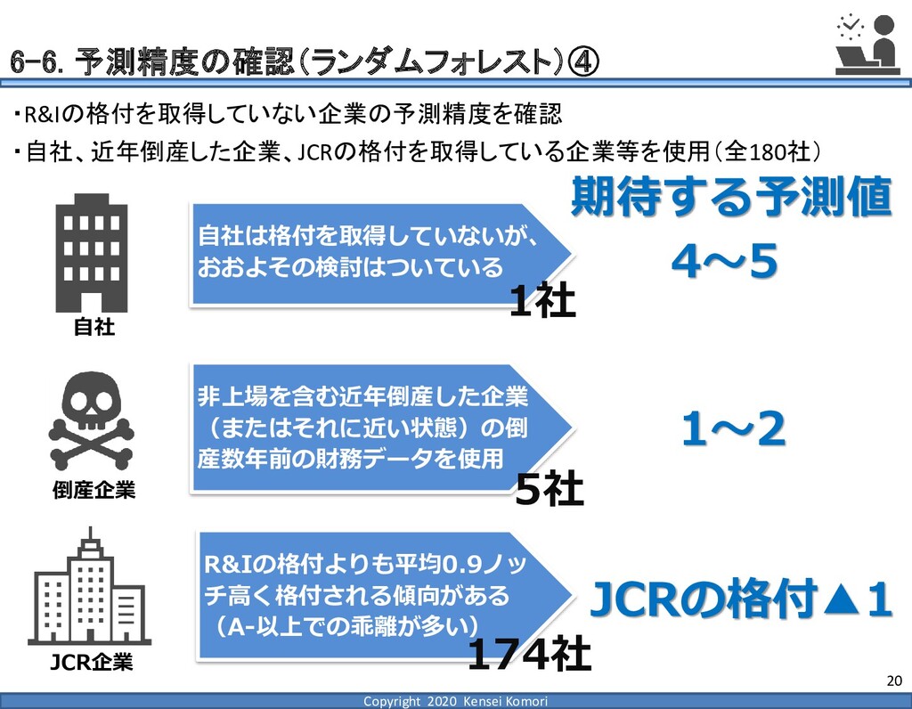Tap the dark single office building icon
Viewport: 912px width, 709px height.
(x=92, y=251)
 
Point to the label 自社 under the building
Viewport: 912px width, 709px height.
(x=94, y=328)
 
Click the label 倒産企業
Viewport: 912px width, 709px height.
(x=94, y=490)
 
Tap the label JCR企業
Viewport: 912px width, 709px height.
(x=91, y=662)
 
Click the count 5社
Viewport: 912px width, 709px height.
(x=550, y=489)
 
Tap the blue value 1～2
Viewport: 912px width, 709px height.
(x=733, y=433)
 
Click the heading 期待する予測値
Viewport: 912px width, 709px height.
(x=730, y=198)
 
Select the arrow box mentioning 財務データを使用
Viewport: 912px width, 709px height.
(x=374, y=428)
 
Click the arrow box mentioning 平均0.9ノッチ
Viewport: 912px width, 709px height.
(x=379, y=592)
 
